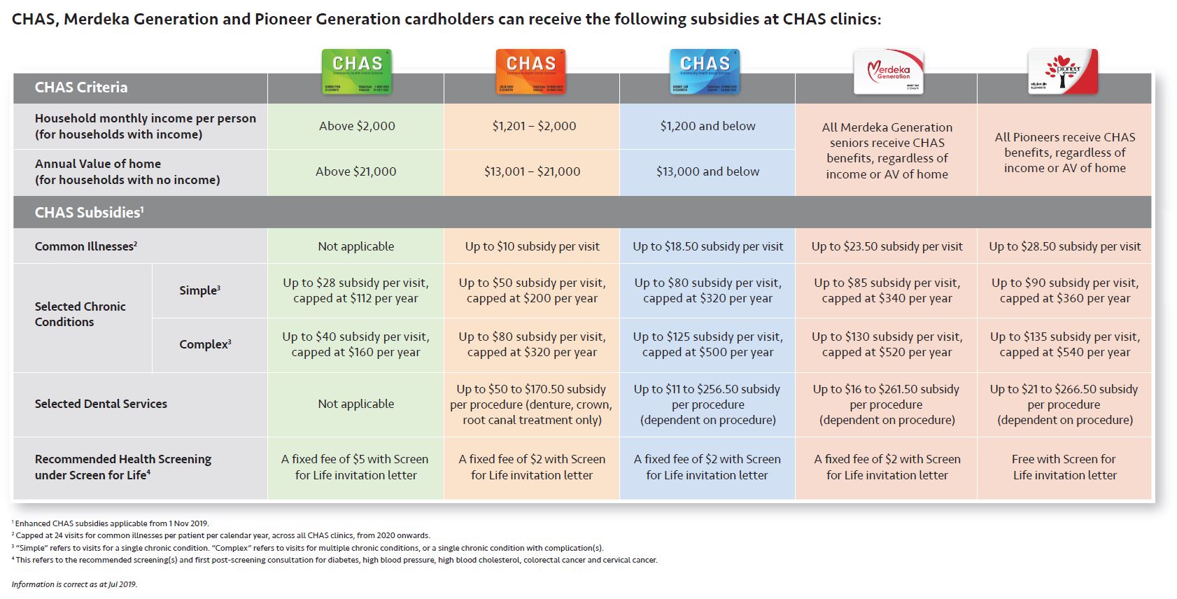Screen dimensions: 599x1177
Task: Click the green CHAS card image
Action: point(356,71)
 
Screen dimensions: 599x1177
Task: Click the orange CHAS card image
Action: point(530,71)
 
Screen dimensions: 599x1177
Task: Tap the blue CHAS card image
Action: point(705,71)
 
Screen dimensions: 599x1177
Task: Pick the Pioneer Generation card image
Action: point(1062,71)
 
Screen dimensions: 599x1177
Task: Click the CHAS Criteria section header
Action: point(81,87)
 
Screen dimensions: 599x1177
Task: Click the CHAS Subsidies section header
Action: point(89,212)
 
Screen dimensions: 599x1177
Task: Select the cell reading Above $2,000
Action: point(357,126)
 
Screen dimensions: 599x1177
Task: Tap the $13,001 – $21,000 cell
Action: point(532,171)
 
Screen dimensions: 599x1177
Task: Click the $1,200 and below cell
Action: point(707,126)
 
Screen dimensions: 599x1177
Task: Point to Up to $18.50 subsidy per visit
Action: point(707,246)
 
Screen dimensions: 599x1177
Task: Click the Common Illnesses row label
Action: point(85,246)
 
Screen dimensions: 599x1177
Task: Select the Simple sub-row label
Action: point(199,290)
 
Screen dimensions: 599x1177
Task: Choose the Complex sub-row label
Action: point(205,344)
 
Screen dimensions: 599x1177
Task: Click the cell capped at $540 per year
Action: point(1064,345)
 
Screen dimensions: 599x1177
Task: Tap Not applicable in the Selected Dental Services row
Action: point(355,404)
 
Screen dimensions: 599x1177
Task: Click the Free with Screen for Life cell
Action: point(1064,467)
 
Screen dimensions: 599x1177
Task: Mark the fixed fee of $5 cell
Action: point(355,467)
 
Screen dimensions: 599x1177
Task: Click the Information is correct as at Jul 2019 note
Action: point(74,584)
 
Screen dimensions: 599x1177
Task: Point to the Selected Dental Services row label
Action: point(101,404)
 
